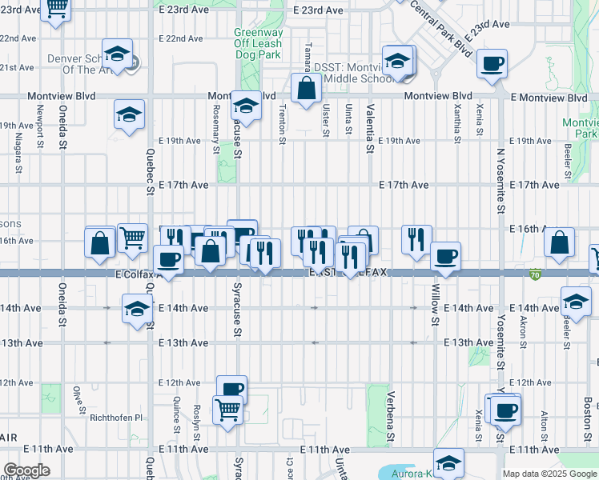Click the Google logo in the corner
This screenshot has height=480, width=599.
27,470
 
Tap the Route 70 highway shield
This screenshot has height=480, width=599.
534,274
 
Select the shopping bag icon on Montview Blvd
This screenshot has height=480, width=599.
306,89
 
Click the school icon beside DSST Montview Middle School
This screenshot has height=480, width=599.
398,61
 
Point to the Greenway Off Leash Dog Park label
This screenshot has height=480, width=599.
258,44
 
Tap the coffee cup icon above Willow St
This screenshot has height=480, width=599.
445,257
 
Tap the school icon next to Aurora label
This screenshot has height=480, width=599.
448,462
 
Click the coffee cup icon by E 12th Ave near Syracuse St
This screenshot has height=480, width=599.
231,390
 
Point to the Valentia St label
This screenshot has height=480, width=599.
370,126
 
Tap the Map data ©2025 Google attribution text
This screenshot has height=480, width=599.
549,474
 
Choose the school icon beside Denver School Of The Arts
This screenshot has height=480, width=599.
118,54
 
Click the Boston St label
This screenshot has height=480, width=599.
587,416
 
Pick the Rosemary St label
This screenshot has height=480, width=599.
216,131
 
